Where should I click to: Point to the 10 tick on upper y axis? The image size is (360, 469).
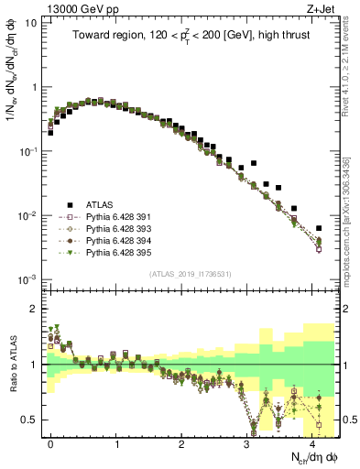[x=30, y=23]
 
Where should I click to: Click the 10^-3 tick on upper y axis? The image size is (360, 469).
[x=27, y=278]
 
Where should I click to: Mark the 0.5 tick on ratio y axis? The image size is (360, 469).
[x=29, y=420]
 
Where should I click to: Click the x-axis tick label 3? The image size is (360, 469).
[x=247, y=442]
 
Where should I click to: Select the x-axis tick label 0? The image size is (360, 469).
[x=50, y=442]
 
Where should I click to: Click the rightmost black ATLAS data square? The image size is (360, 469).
[x=319, y=228]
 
